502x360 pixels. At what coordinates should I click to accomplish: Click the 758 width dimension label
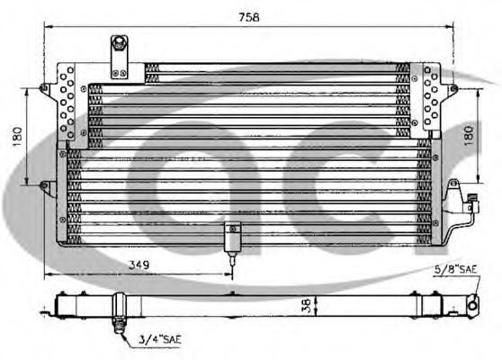(x=249, y=17)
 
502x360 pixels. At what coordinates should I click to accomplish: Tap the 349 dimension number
(x=139, y=265)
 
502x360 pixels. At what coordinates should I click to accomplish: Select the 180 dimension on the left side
(x=18, y=137)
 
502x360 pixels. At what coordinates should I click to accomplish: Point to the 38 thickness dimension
(x=307, y=305)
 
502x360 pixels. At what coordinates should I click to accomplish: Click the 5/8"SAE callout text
(x=455, y=269)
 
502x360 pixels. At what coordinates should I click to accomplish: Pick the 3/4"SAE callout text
(x=160, y=339)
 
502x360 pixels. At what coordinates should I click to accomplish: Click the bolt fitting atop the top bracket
(x=120, y=41)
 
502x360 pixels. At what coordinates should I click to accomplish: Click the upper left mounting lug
(x=44, y=88)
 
